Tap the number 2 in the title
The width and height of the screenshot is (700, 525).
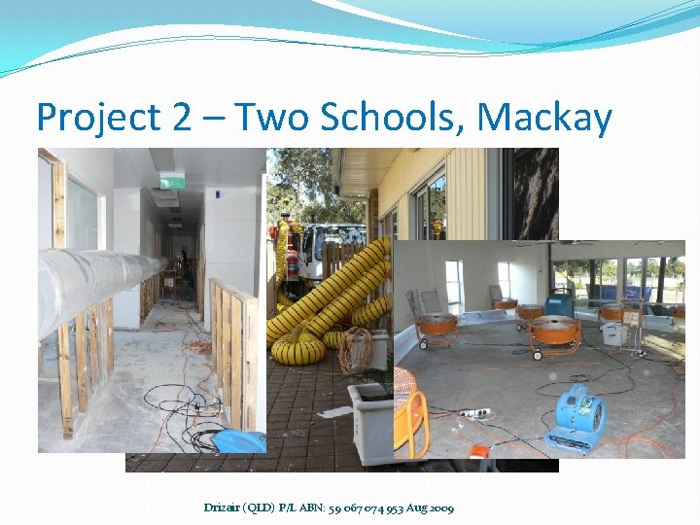180,118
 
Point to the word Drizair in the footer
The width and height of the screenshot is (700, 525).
227,507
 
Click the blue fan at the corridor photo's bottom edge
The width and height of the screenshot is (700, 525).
238,441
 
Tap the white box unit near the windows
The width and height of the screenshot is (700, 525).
612,333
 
